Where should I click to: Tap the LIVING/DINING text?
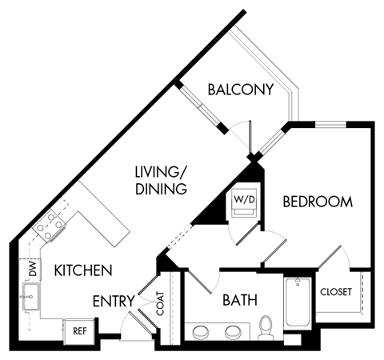[x=160, y=180]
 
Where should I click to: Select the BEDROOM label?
[x=318, y=202]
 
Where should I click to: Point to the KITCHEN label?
[x=82, y=270]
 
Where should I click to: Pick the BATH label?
[x=239, y=301]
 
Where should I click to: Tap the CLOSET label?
[x=336, y=292]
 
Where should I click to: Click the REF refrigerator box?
[x=79, y=330]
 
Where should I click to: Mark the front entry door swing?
[x=130, y=323]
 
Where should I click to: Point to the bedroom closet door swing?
[x=334, y=260]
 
